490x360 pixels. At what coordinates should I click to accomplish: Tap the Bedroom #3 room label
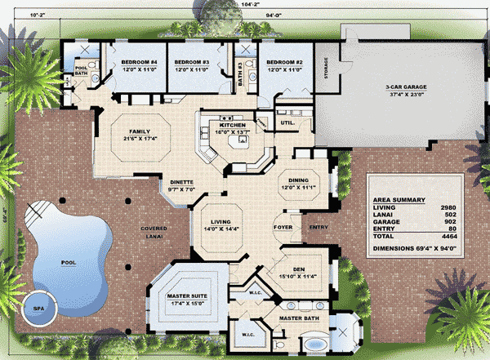click(194, 62)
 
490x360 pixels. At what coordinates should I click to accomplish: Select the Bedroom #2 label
click(284, 62)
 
